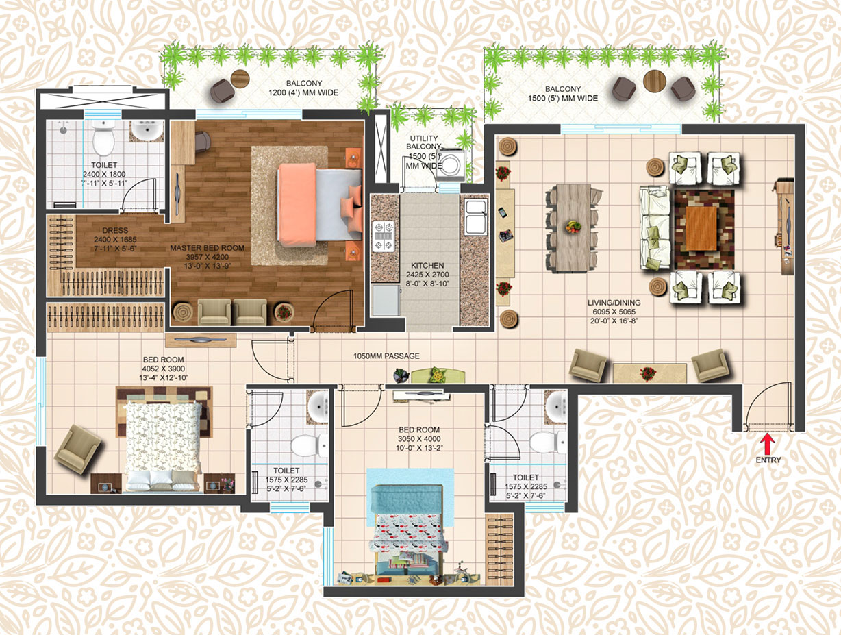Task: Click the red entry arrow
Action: (768, 444)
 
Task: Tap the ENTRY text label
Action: (768, 460)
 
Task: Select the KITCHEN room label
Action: (427, 266)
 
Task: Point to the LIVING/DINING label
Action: (614, 302)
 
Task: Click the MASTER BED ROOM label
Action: (207, 248)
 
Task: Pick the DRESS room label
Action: (115, 230)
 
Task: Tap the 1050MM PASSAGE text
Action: (386, 356)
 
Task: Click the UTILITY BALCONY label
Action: (424, 142)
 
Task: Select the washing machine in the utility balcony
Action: (450, 165)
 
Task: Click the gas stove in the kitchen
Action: (384, 236)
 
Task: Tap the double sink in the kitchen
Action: (476, 217)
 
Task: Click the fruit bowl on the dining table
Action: (573, 227)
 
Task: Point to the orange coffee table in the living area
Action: (701, 228)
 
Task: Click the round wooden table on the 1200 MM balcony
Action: (240, 79)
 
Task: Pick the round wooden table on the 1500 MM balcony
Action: (655, 81)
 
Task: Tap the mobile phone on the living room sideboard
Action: (502, 212)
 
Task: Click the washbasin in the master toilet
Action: (147, 132)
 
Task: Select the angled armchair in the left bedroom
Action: (78, 449)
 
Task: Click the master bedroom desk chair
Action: (203, 141)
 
